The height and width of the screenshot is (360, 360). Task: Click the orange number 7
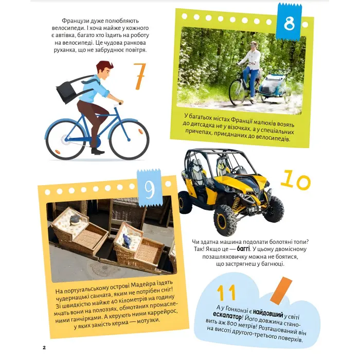pos(139,76)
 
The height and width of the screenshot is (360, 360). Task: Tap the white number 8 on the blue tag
pos(289,23)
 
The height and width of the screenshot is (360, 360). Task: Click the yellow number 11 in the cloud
pos(226,293)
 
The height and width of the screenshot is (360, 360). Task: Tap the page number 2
pos(44,347)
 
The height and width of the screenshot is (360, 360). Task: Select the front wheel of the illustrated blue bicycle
pos(129,139)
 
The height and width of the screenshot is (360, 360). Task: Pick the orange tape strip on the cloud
pos(281,290)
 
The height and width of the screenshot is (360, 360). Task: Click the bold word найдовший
pos(268,313)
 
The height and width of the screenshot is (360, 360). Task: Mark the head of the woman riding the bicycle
pos(254,45)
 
